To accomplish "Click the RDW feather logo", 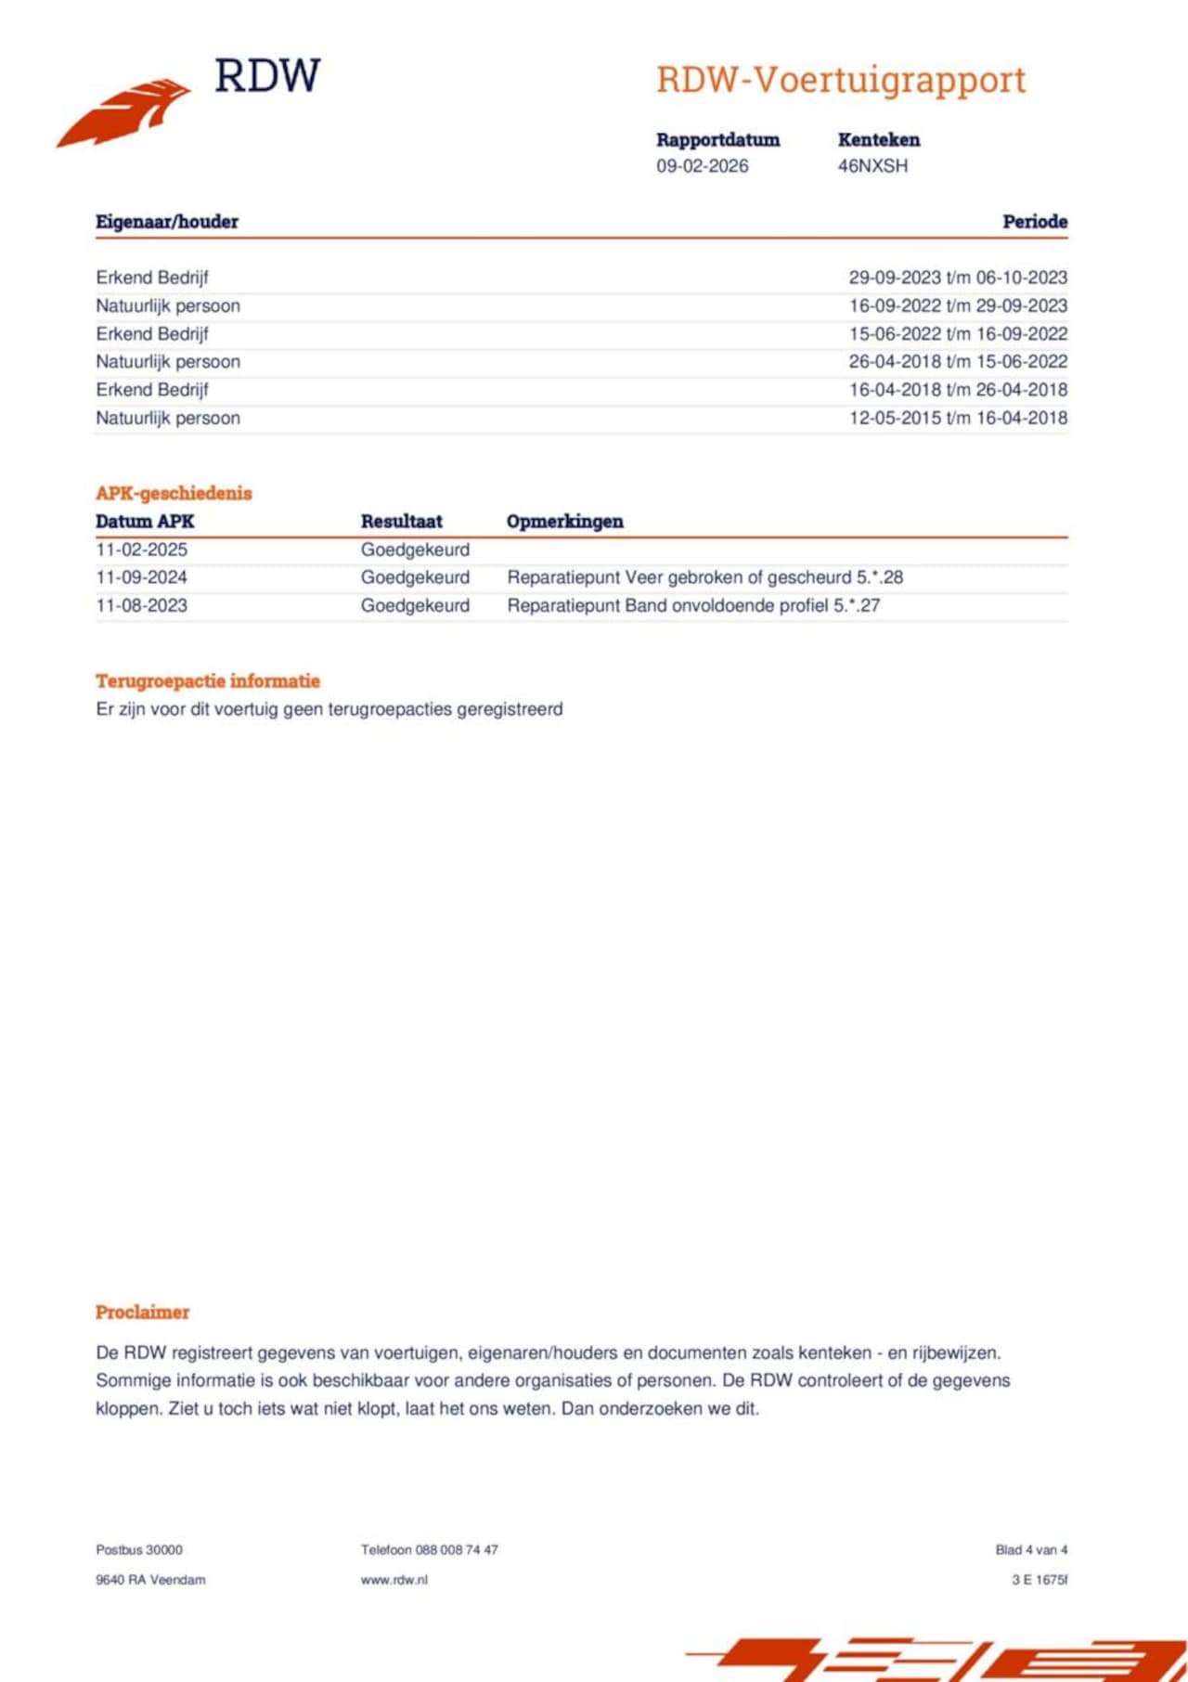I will tap(125, 111).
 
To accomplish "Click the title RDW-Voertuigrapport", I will tap(841, 81).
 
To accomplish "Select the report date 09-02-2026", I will tap(702, 166).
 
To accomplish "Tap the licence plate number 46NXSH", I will tap(872, 166).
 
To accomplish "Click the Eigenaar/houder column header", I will tap(167, 222).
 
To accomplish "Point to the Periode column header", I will tap(1034, 222).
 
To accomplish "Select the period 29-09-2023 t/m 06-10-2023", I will tap(958, 278).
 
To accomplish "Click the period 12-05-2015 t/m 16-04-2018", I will tap(958, 418).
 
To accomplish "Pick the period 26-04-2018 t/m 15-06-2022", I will tap(958, 362).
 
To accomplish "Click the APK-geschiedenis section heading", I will tap(174, 493).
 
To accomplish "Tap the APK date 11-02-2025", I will tap(141, 550).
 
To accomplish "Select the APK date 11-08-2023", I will tap(141, 605).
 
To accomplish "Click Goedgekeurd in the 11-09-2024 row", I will tap(415, 577).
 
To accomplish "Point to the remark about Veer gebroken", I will tap(704, 577).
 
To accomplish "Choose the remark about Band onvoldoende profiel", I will tap(693, 605).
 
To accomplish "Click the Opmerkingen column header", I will tap(564, 522).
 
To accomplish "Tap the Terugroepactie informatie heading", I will tap(208, 681).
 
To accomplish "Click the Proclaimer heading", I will tap(142, 1313).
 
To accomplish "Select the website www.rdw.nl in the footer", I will tap(394, 1580).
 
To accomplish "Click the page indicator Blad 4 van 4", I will tap(1031, 1550).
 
